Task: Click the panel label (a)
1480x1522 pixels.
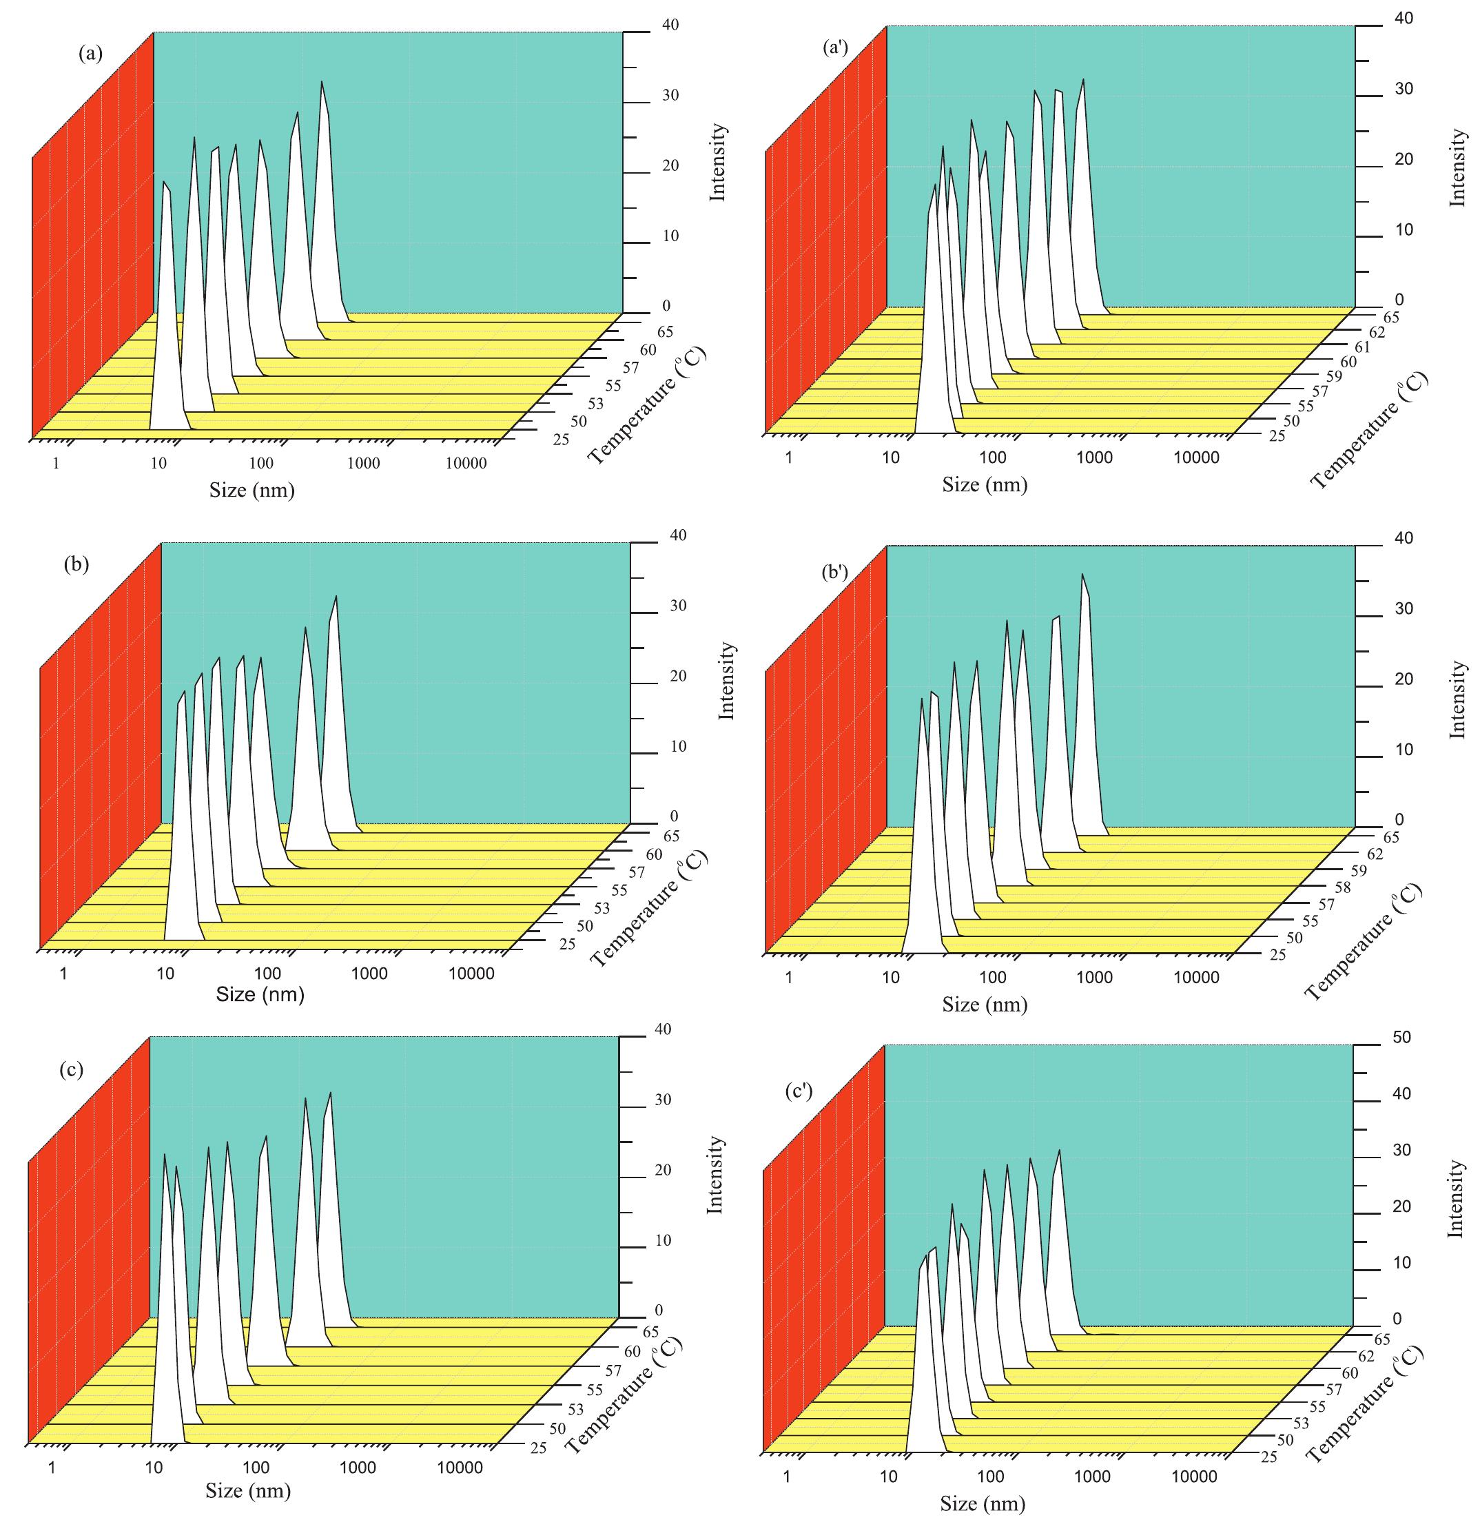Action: point(90,54)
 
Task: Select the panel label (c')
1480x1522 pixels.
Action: point(799,1091)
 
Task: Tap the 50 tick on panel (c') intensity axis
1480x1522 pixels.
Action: point(1401,1037)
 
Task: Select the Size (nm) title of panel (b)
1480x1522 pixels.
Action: point(260,994)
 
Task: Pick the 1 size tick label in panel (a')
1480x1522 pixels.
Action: point(788,457)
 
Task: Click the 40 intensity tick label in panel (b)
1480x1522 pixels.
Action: point(678,535)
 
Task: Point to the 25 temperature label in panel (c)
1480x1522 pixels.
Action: point(538,1448)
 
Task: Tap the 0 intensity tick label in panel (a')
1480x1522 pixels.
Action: point(1399,300)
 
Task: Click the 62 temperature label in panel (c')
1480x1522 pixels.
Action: point(1365,1357)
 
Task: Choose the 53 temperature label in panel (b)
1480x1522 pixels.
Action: point(602,908)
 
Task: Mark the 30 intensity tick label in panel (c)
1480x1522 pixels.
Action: point(663,1100)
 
